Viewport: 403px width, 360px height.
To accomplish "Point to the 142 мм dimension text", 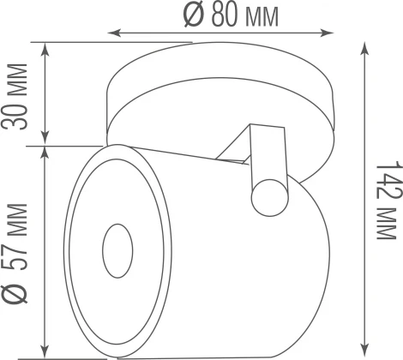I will [x=388, y=195].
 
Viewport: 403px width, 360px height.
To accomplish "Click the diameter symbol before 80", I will [x=190, y=15].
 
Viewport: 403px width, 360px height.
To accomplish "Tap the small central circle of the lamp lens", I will [x=116, y=252].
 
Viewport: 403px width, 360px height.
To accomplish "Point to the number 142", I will [x=388, y=176].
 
